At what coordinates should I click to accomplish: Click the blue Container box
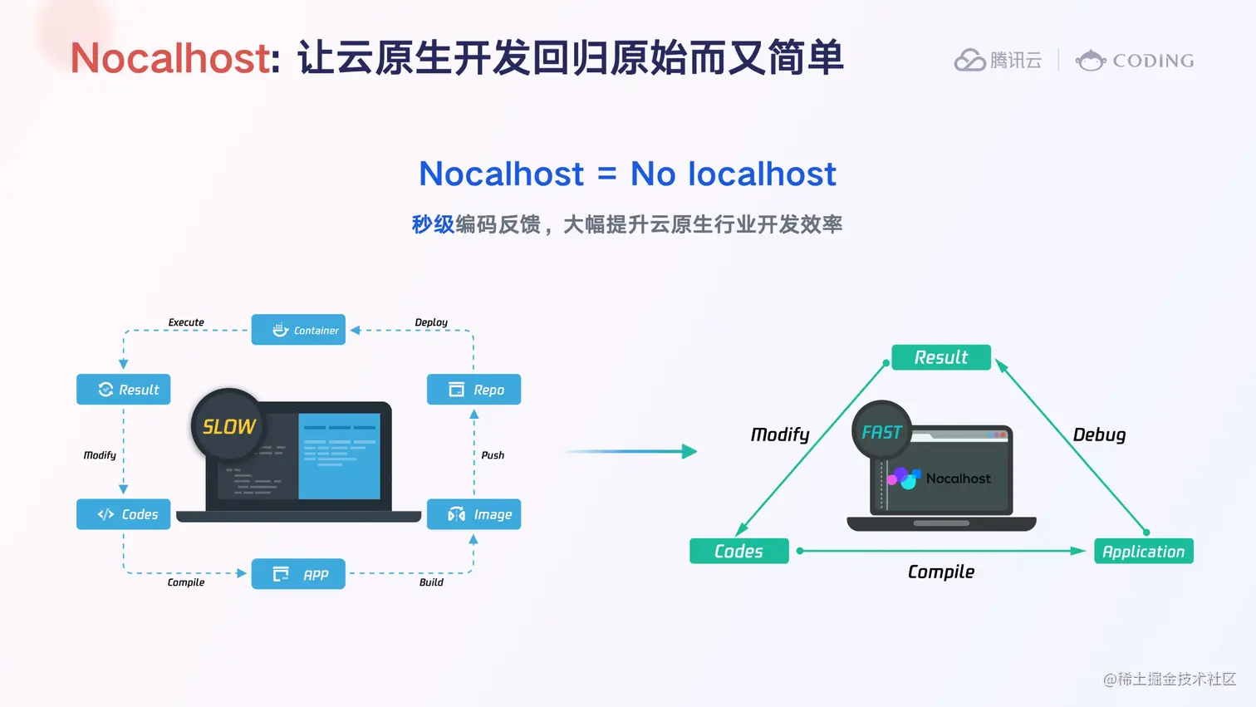point(298,330)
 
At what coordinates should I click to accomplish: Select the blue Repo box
point(473,390)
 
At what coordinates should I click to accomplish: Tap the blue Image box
point(473,514)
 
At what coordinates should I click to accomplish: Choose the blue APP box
point(298,574)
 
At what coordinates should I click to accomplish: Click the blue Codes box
point(123,514)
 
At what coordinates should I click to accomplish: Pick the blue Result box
point(123,390)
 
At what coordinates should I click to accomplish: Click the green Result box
point(941,357)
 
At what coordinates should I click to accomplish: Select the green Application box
point(1143,552)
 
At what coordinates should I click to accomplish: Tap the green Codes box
point(738,551)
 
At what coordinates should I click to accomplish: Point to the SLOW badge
point(228,426)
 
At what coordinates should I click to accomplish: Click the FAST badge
point(881,432)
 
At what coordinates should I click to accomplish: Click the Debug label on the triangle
point(1099,435)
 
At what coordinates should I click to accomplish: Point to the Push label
point(493,455)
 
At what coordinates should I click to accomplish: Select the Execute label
point(186,322)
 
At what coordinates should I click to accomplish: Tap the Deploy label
point(431,322)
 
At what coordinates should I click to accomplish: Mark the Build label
point(431,582)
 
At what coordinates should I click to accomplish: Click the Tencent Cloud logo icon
point(969,61)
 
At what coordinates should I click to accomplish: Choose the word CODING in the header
point(1153,61)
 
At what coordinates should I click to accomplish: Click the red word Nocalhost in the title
point(170,58)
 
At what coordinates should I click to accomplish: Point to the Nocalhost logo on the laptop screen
point(904,478)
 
